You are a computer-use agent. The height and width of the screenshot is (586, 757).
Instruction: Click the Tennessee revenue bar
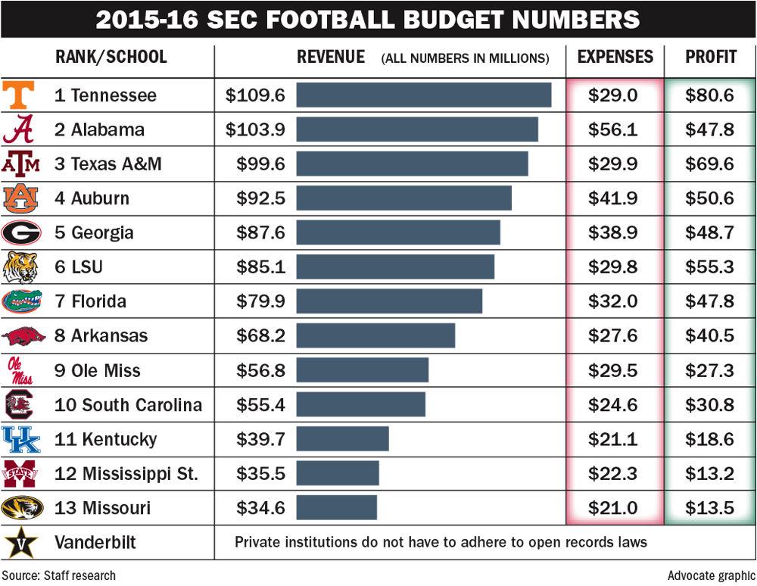tap(423, 95)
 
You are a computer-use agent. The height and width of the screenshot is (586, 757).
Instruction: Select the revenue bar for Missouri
tap(336, 507)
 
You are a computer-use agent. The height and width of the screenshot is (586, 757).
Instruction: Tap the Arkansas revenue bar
tap(375, 335)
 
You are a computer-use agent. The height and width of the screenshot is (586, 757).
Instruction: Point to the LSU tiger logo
tap(20, 267)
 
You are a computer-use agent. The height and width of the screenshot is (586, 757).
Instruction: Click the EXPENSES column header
tap(615, 58)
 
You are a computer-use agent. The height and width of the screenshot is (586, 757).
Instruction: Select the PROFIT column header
tap(710, 58)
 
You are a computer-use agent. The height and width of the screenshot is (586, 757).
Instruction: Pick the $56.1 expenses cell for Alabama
tap(613, 129)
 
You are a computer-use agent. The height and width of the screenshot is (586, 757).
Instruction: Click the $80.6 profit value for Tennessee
tap(709, 95)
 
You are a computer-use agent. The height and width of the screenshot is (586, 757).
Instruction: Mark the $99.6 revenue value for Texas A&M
tap(260, 164)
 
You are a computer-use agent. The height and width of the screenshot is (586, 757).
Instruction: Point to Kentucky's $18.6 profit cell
tap(709, 439)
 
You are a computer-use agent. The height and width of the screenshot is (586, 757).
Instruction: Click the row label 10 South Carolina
tap(128, 405)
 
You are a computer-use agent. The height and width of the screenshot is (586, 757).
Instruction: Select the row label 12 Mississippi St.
tap(126, 474)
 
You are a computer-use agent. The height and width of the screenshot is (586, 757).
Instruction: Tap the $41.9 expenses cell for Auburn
tap(613, 198)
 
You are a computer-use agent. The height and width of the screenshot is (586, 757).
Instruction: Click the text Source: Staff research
tap(58, 575)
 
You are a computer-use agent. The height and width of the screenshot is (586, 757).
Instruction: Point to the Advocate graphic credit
tap(711, 575)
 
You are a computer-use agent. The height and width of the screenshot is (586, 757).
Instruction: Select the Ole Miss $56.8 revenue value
tap(260, 370)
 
